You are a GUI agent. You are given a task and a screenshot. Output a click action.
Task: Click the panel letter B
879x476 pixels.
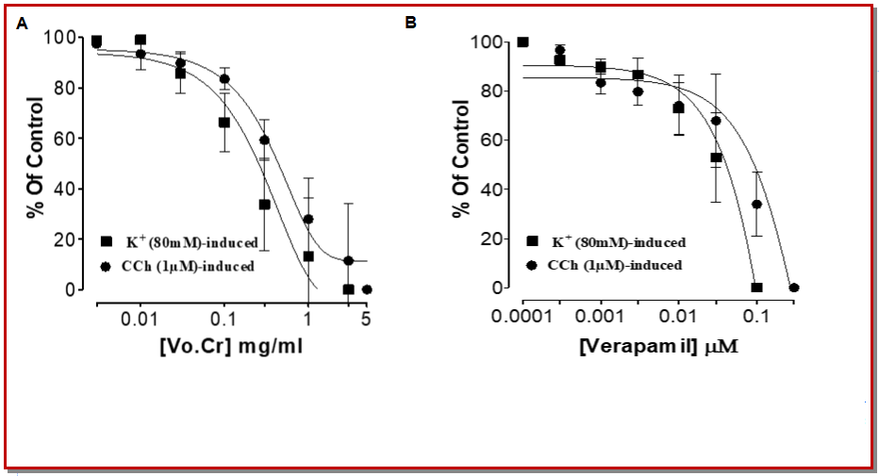(410, 22)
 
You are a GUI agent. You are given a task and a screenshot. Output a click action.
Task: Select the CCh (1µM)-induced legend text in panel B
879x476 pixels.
(618, 265)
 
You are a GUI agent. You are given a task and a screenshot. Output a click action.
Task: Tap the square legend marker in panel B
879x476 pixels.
(532, 242)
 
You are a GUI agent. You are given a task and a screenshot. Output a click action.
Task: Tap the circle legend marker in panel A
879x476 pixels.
(106, 266)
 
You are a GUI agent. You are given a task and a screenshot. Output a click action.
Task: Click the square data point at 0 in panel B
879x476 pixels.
(756, 287)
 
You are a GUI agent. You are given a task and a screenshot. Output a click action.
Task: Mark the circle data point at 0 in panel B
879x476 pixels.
(793, 287)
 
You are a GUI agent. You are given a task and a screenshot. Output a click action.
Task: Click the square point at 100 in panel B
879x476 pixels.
(523, 42)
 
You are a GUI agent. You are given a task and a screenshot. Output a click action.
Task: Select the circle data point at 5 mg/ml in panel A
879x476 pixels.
(367, 289)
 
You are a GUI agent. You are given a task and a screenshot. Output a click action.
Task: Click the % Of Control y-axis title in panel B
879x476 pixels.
(462, 156)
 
